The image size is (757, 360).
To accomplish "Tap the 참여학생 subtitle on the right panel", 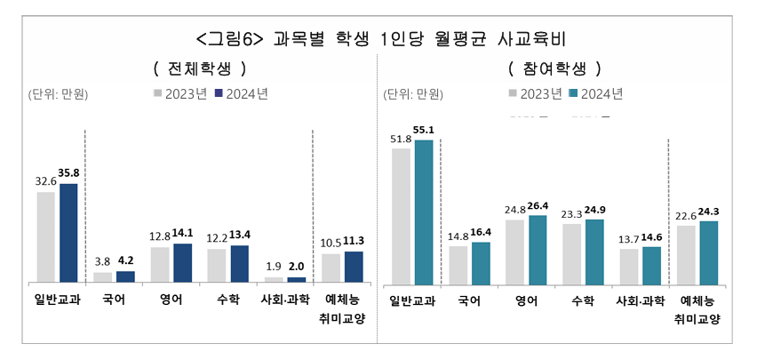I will coord(554,68).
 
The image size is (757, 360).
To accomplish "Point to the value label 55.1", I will coord(424,130).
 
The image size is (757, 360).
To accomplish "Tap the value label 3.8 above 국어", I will coord(103,262).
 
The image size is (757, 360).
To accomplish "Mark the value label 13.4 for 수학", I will coord(241,236).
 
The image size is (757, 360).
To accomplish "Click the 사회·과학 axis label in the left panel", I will coord(284,300).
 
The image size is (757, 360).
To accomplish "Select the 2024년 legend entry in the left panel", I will coord(241,92).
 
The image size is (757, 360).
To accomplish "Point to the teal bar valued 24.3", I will coord(708,252).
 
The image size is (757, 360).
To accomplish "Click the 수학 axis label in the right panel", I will coord(583,300).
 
